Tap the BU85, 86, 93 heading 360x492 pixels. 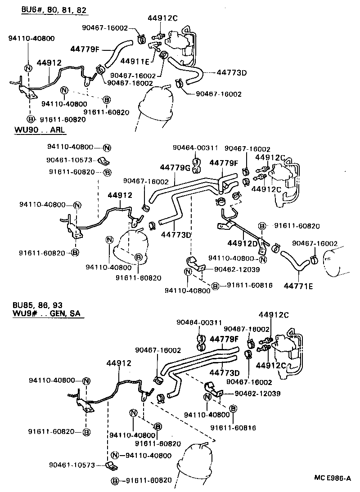point(39,304)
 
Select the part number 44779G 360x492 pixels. point(175,168)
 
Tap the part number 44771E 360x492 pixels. point(298,285)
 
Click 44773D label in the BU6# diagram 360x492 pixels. point(232,72)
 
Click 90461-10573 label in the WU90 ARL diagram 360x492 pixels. point(69,159)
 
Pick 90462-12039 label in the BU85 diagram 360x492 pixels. point(257,393)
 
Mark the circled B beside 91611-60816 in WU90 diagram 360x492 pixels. point(216,286)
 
